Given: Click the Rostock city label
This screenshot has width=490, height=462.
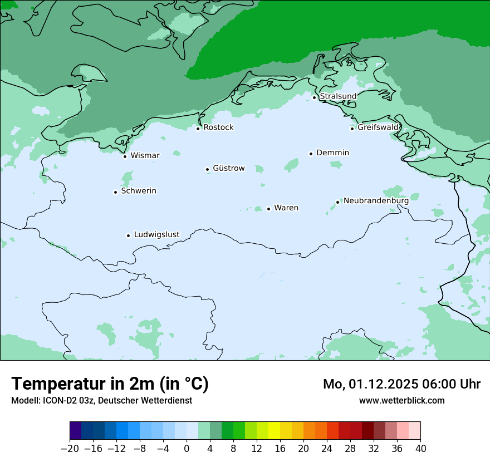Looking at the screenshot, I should click(218, 127).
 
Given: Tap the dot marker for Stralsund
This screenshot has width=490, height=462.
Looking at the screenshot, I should click(314, 97).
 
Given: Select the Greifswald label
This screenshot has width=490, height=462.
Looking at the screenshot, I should click(378, 127).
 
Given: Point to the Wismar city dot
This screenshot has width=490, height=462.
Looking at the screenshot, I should click(125, 156).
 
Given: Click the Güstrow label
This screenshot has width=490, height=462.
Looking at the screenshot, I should click(228, 168).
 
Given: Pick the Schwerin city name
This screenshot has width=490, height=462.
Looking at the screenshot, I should click(139, 191).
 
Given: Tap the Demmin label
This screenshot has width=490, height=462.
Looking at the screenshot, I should click(332, 153).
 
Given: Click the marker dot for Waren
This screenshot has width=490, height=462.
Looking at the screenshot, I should click(268, 209).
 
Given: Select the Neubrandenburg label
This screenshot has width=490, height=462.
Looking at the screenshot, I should click(376, 200).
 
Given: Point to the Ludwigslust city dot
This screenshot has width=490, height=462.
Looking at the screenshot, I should click(128, 235).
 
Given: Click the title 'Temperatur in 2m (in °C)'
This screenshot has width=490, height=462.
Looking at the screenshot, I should click(110, 384).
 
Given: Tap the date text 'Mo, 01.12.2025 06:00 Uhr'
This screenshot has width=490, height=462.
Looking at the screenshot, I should click(401, 384).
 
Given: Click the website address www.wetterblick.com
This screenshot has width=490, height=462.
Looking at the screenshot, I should click(401, 400).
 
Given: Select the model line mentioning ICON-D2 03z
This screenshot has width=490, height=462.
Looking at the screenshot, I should click(101, 400).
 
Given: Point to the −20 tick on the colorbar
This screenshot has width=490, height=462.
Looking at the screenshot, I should click(70, 449).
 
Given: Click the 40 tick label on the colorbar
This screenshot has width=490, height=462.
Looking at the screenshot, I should click(420, 449).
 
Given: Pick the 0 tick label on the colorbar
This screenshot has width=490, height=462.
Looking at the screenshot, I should click(187, 449).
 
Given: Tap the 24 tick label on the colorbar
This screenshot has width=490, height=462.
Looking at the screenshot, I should click(327, 449).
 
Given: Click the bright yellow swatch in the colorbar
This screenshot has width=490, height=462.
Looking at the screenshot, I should click(274, 431).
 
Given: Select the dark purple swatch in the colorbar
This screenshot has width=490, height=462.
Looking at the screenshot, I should click(76, 431).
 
